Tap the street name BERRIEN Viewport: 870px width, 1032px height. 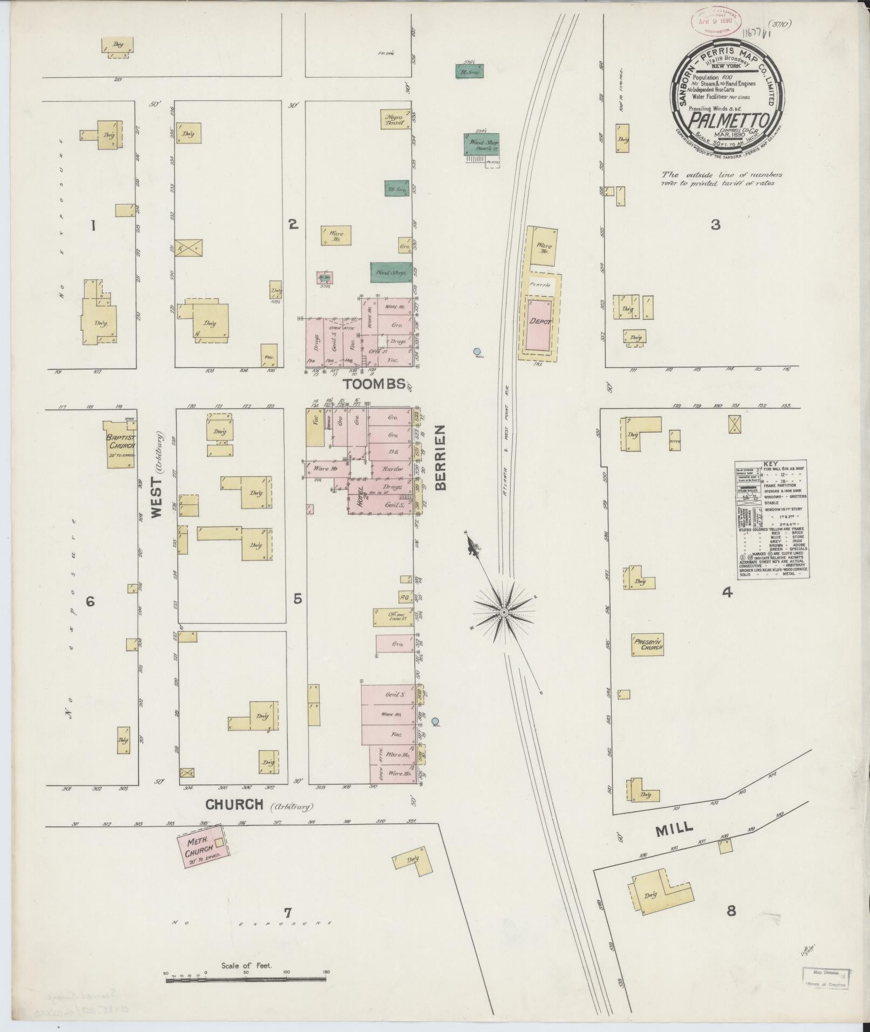[441, 457]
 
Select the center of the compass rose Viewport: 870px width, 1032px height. [503, 612]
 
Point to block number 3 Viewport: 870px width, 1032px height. [715, 225]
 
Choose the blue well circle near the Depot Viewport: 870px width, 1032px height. [477, 351]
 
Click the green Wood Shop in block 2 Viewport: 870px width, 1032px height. [391, 272]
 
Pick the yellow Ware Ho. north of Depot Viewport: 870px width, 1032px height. [543, 247]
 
